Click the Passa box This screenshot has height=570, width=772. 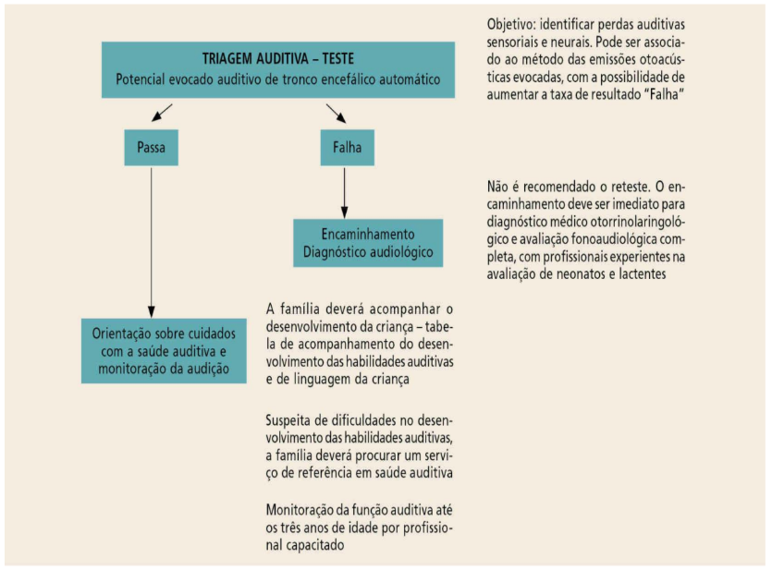[150, 146]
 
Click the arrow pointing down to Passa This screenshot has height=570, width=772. [163, 114]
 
